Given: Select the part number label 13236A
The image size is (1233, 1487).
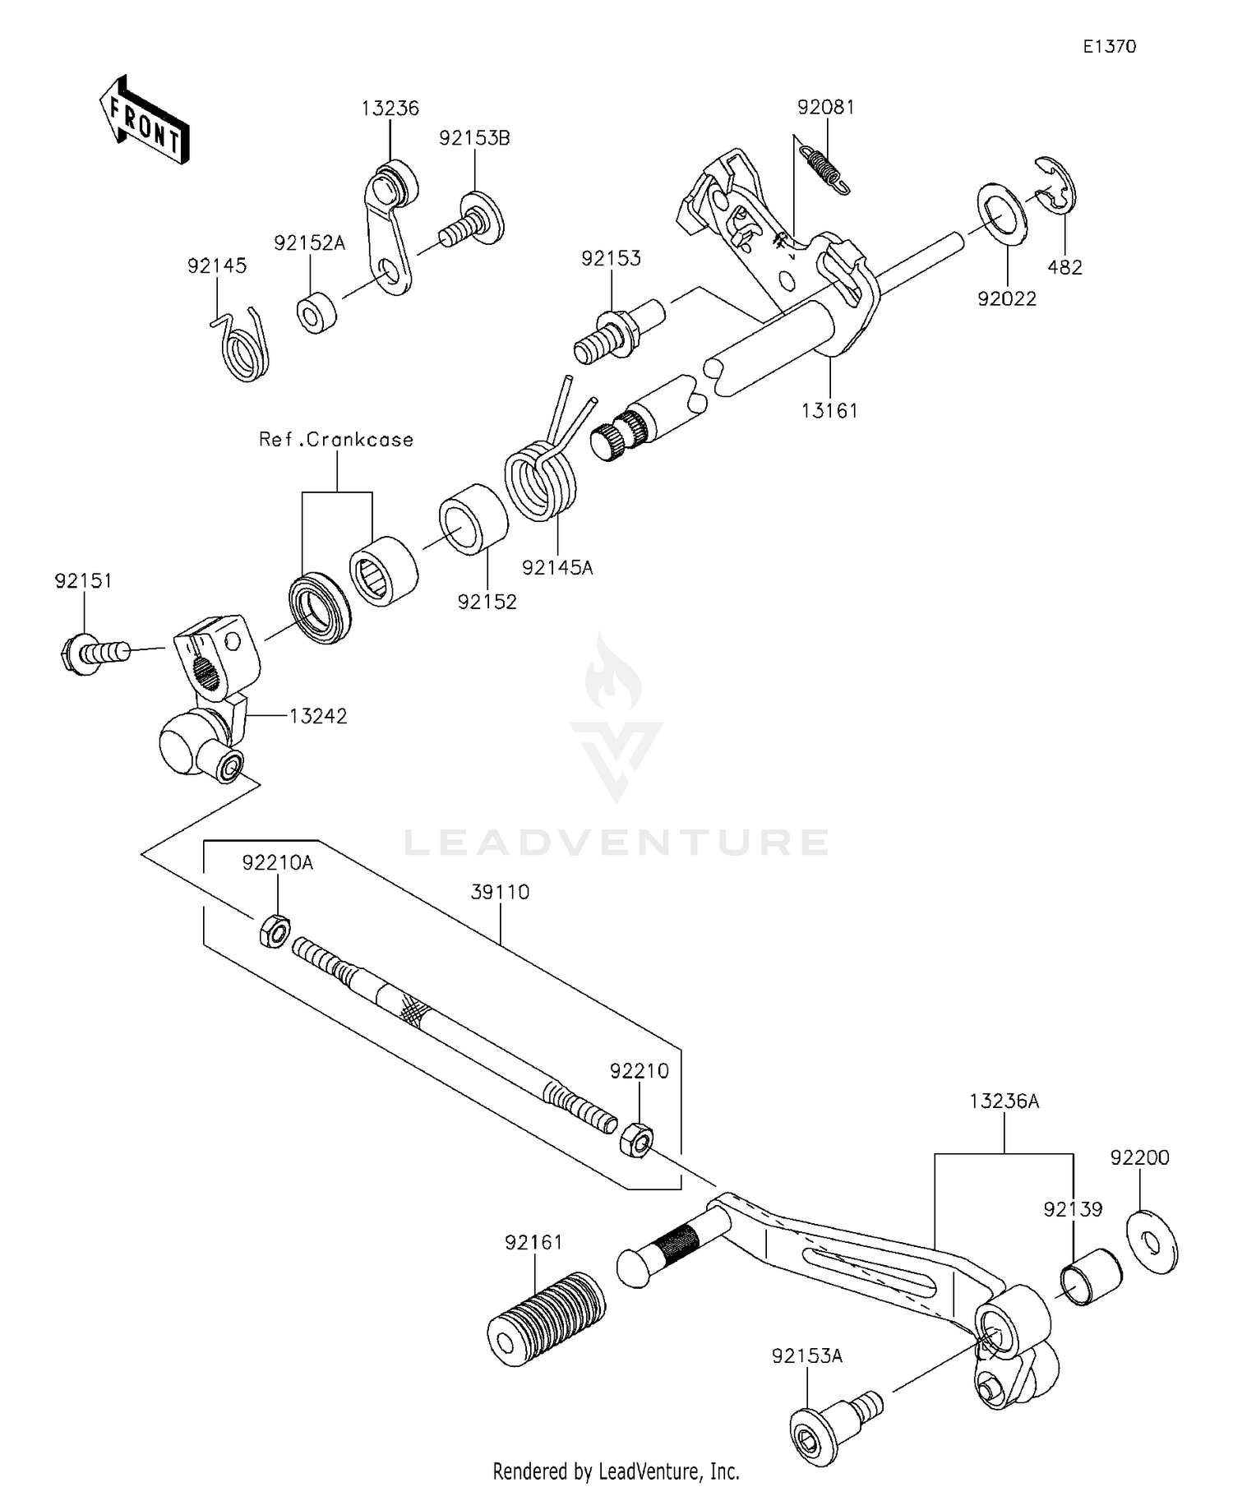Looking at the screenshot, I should pyautogui.click(x=1004, y=1101).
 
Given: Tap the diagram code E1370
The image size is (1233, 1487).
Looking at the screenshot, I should pyautogui.click(x=1109, y=47).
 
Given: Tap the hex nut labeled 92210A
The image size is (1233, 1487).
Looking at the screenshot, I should pyautogui.click(x=275, y=931).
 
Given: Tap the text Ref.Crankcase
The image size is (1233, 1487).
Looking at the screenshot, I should pyautogui.click(x=336, y=440).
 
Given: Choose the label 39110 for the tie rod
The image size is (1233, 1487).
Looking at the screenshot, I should pyautogui.click(x=500, y=892).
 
